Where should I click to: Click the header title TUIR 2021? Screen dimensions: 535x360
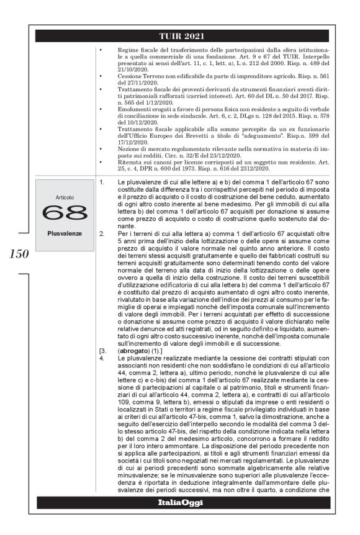(182, 35)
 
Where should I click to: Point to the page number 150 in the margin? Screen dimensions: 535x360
(18, 254)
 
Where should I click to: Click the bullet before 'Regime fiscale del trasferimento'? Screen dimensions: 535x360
(101, 48)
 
